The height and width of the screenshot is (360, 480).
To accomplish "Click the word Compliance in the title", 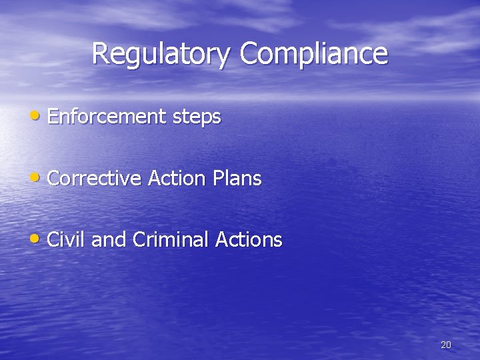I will click(313, 54).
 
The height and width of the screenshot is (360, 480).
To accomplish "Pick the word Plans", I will click(237, 179).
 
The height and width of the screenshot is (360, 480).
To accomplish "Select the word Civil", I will click(66, 240).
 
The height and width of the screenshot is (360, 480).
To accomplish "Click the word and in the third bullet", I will click(109, 240).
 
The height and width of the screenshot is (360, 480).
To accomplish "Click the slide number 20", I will click(446, 345).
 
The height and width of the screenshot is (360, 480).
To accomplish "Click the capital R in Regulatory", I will click(100, 53).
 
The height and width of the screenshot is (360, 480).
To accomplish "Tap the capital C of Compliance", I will click(248, 53).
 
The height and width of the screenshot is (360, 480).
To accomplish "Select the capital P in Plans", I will click(218, 179).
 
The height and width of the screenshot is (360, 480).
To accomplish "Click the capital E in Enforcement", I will click(53, 117).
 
